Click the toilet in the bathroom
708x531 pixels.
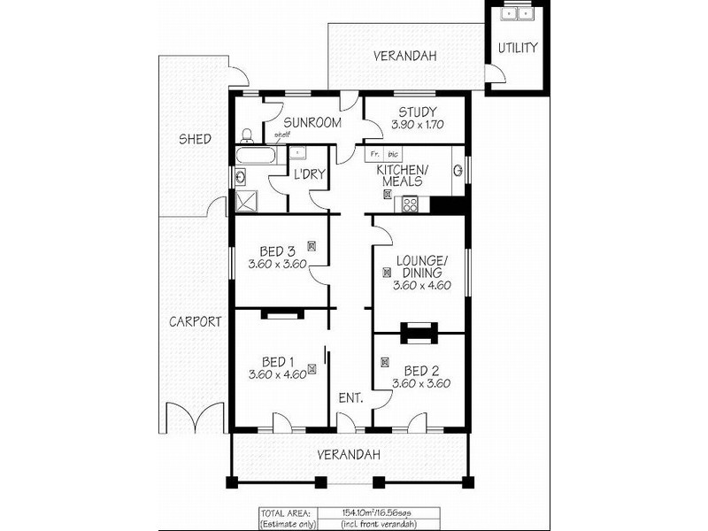[248, 135]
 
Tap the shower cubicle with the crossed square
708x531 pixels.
[244, 202]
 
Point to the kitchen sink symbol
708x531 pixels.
[458, 170]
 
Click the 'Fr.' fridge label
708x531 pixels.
[374, 154]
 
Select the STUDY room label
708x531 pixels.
[414, 112]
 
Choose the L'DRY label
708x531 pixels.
[307, 174]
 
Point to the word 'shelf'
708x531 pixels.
[281, 135]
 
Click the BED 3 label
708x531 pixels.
[278, 250]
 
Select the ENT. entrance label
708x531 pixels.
[350, 398]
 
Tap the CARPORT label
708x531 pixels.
[195, 322]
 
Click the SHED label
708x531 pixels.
[195, 139]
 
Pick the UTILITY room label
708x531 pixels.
[517, 48]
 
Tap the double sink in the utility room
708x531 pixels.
[516, 13]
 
